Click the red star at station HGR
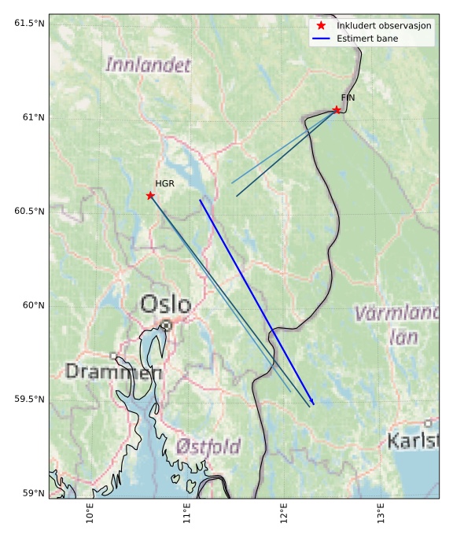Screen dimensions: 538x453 pos(150,195)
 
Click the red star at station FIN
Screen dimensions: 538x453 pos(337,109)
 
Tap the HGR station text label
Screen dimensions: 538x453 pos(164,183)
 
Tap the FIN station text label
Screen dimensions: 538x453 pos(348,98)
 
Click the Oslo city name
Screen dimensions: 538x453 pos(165,304)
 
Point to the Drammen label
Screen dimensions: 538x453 pos(113,371)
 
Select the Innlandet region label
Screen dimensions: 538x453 pos(149,64)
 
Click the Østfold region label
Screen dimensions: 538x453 pos(208,447)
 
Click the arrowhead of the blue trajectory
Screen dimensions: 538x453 pos(312,403)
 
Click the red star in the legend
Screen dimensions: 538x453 pos(321,26)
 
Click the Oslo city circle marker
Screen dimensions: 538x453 pos(166,325)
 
